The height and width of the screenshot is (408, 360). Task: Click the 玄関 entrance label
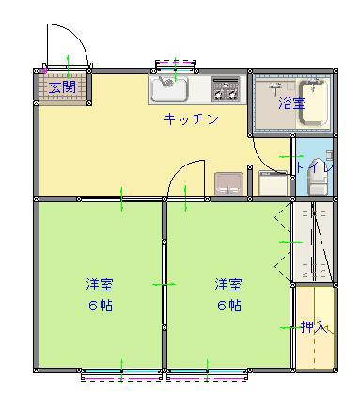click(x=62, y=87)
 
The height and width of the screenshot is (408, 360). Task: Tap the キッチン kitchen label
click(x=192, y=119)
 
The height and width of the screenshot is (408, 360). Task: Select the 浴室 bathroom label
click(x=292, y=103)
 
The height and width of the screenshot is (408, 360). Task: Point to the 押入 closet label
click(x=314, y=327)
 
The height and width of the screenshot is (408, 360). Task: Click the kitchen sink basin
click(x=170, y=87)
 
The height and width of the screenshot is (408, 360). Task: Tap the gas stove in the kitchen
click(x=226, y=89)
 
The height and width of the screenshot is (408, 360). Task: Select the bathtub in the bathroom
click(x=314, y=103)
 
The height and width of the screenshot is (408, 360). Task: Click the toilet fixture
click(x=319, y=177)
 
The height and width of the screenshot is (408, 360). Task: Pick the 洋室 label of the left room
click(x=100, y=284)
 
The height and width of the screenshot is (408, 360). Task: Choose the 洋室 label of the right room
click(x=228, y=284)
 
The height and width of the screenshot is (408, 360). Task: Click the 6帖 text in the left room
click(x=101, y=305)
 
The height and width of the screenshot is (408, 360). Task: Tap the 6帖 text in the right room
click(x=229, y=305)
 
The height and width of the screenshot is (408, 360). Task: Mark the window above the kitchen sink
click(x=176, y=65)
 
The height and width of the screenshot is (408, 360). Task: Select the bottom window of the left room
click(x=121, y=374)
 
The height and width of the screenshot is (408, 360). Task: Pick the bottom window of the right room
click(x=208, y=374)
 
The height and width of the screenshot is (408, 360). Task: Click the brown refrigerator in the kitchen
click(x=229, y=184)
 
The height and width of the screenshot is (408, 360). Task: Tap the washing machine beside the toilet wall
click(x=274, y=183)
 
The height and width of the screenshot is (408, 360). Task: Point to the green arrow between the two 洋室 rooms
click(x=164, y=284)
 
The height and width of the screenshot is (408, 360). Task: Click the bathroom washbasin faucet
click(x=275, y=86)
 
